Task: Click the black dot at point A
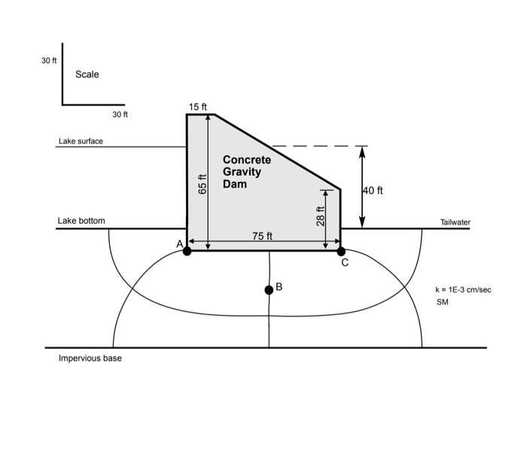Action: (187, 251)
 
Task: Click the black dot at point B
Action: (269, 290)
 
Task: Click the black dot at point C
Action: (341, 251)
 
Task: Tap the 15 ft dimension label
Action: (198, 108)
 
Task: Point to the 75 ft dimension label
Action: (262, 236)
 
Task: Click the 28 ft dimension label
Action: (321, 216)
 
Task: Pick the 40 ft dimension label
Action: (373, 191)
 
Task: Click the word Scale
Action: (87, 75)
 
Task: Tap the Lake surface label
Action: (81, 141)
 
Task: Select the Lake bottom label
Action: (81, 221)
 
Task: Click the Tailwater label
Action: (455, 222)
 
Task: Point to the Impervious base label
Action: (90, 358)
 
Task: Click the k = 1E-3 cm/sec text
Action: (463, 289)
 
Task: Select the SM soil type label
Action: (442, 302)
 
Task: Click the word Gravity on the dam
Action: (242, 172)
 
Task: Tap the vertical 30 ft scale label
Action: (49, 60)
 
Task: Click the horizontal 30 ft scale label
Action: (120, 115)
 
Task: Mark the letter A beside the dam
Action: (179, 243)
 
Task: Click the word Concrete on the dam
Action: (246, 160)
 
